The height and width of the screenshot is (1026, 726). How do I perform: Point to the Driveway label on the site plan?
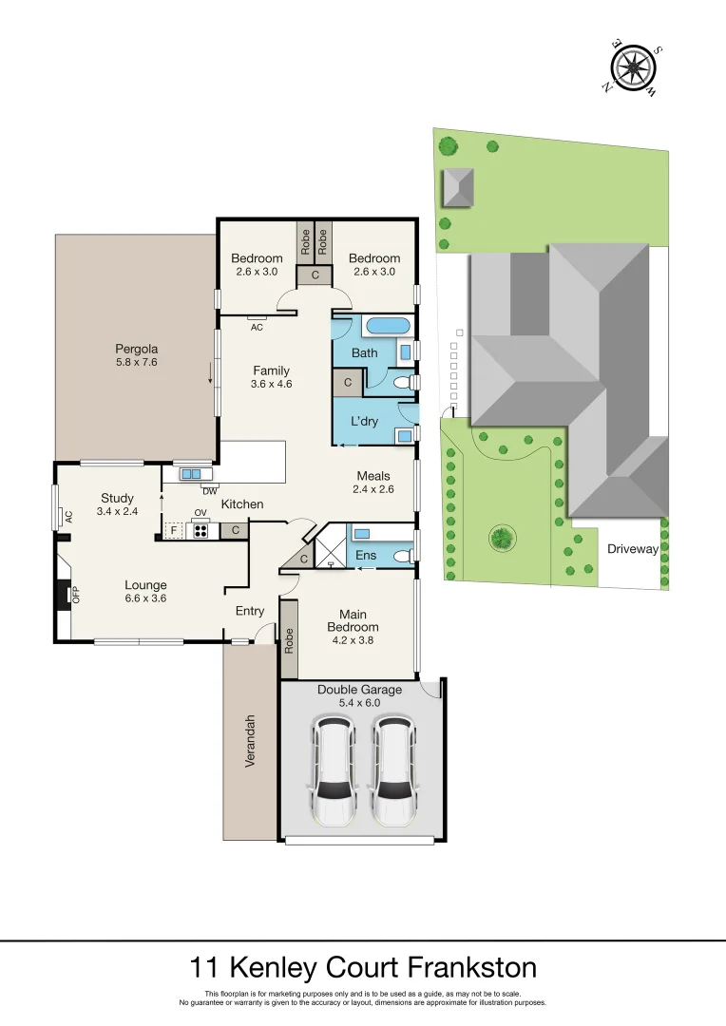[633, 548]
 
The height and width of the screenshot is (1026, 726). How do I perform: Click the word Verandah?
[251, 740]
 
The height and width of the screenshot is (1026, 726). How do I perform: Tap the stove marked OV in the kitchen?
[201, 530]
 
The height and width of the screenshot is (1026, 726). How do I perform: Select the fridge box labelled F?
[174, 531]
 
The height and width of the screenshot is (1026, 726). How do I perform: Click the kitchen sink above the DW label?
[191, 473]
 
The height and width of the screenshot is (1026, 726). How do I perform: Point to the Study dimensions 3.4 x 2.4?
[118, 511]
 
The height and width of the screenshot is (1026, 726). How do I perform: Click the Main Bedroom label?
[353, 620]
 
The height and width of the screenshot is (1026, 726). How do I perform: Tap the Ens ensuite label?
[366, 555]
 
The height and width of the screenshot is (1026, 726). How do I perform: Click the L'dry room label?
[365, 421]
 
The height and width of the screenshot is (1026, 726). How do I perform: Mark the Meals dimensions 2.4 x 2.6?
[373, 489]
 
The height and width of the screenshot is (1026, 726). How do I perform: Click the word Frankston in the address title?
[472, 968]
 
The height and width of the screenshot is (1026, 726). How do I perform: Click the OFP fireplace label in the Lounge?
[76, 596]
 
